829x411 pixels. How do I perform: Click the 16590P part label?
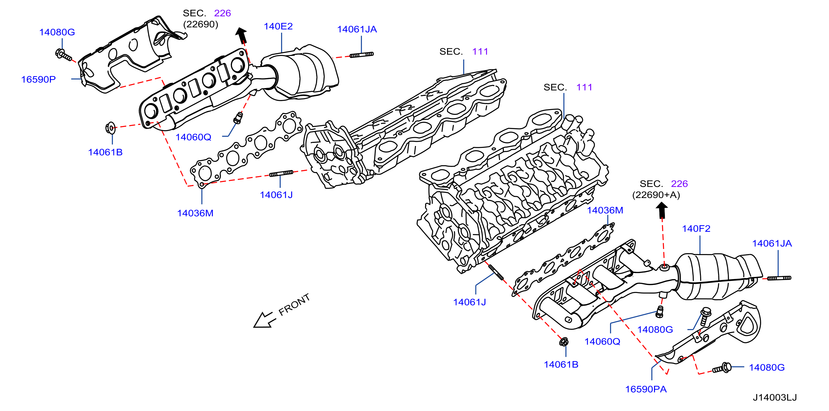click(38, 79)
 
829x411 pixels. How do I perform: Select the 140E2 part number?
click(278, 26)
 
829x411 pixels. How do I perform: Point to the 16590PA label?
click(646, 389)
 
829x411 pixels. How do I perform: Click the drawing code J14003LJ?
click(775, 397)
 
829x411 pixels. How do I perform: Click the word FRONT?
click(294, 305)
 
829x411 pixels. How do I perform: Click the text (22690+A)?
click(656, 195)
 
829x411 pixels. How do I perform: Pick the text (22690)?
click(200, 24)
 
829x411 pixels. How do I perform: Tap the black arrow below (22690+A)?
click(662, 210)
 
